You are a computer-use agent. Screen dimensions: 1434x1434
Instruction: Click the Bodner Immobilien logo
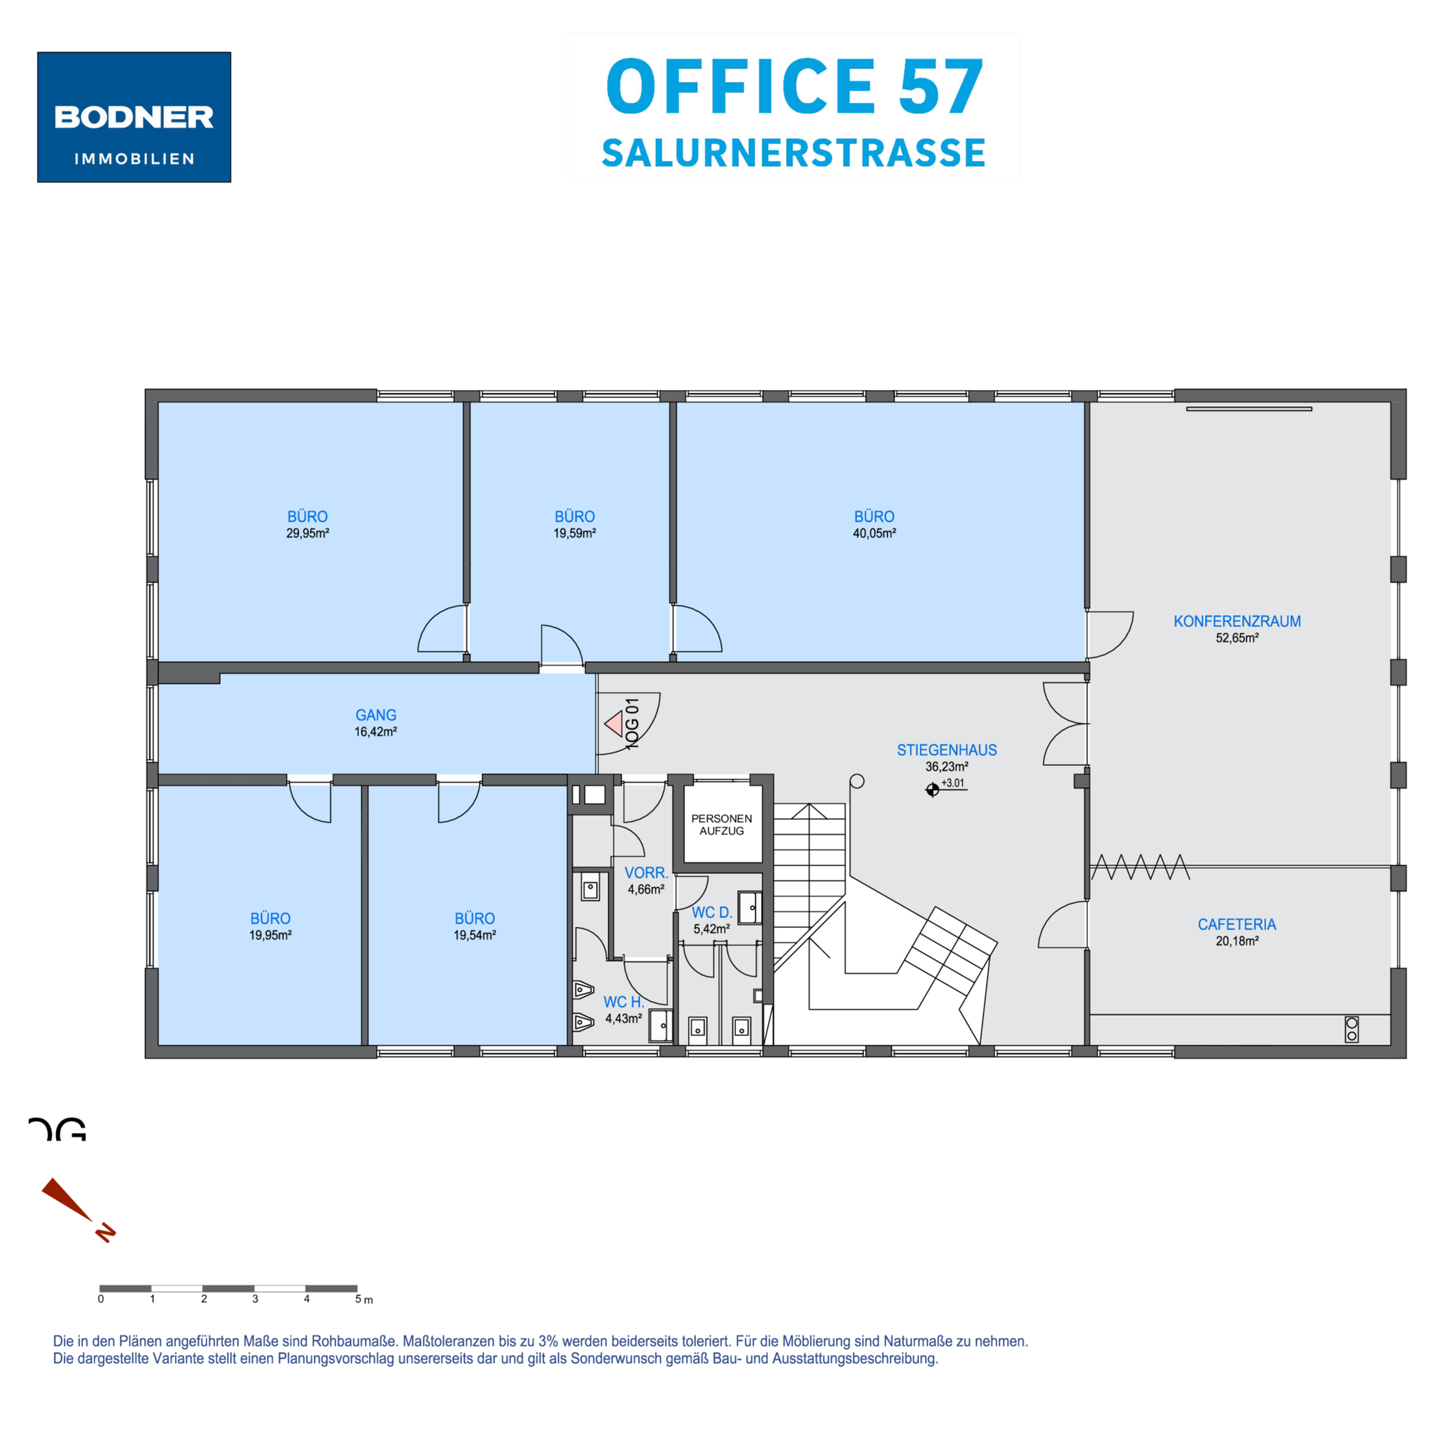click(x=134, y=116)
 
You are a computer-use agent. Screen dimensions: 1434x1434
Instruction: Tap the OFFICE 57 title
click(x=795, y=87)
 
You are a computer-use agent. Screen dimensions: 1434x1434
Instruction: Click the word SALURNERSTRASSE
click(x=793, y=153)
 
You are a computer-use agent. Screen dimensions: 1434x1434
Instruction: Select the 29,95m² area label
click(x=307, y=533)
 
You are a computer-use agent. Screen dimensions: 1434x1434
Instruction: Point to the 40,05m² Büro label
click(x=875, y=533)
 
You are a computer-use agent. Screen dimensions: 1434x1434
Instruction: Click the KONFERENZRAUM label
click(x=1237, y=621)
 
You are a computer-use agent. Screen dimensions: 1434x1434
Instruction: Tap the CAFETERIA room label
click(x=1237, y=924)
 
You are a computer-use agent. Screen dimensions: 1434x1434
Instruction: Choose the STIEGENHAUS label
click(x=947, y=750)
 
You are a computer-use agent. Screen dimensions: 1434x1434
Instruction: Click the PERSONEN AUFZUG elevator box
click(x=722, y=823)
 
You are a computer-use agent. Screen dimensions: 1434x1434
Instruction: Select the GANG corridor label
click(x=375, y=715)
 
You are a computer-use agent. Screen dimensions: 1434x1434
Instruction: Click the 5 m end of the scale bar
click(x=357, y=1288)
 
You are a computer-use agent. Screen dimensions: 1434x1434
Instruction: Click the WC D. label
click(x=712, y=912)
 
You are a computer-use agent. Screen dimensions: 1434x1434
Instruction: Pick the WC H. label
click(x=623, y=1002)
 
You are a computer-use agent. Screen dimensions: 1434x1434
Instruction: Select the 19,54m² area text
click(x=475, y=935)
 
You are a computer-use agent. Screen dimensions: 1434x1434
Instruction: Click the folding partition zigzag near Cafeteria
click(x=1140, y=866)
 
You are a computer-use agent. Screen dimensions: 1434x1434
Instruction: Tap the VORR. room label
click(x=646, y=873)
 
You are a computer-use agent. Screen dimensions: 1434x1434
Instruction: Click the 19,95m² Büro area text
click(x=270, y=935)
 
